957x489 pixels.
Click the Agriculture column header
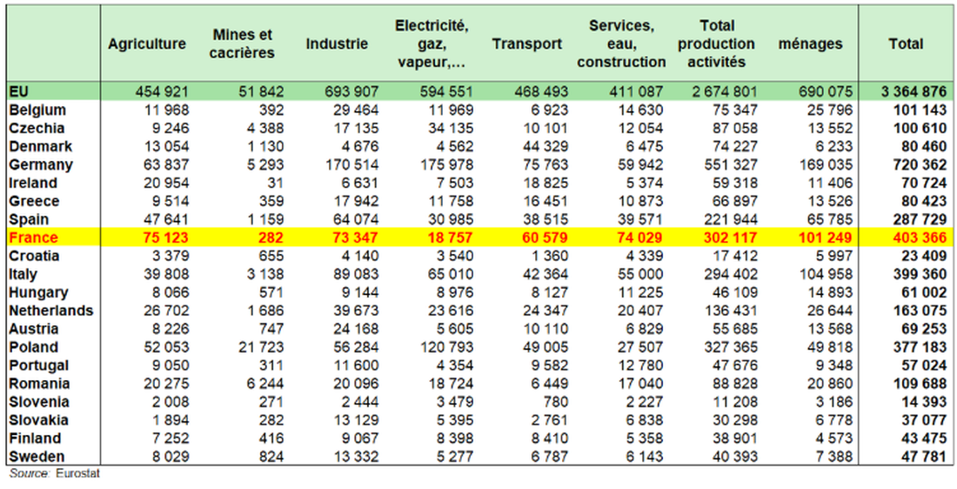[x=147, y=44]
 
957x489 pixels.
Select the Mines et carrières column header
[x=243, y=44]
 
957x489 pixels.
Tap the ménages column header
[x=811, y=44]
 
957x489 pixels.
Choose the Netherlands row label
[x=51, y=311]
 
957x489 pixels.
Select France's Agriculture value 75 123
[x=161, y=238]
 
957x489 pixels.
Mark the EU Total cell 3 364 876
[x=912, y=91]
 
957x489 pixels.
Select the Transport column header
[x=527, y=44]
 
